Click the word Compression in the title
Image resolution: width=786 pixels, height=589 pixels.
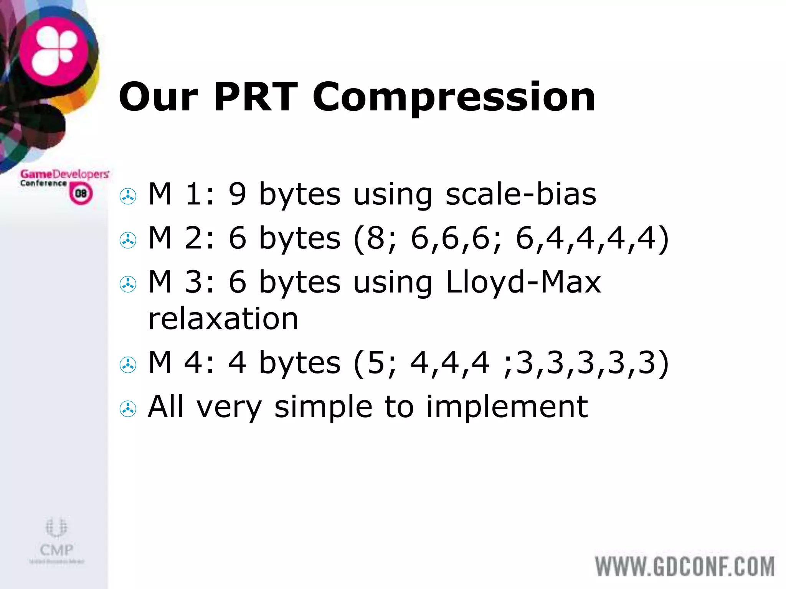point(454,98)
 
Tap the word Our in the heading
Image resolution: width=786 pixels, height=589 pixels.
point(159,97)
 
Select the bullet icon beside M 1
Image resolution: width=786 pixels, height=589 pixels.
point(128,197)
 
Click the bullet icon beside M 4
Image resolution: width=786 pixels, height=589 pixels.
point(128,365)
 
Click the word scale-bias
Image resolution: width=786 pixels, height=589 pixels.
point(521,194)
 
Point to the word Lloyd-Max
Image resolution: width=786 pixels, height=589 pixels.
point(523,282)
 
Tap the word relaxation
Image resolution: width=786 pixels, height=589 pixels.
point(223,319)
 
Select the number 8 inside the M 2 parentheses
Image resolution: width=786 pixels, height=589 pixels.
point(376,238)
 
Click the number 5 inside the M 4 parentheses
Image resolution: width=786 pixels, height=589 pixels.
point(376,362)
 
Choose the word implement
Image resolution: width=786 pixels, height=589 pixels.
point(507,407)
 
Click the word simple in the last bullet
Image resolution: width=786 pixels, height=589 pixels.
point(323,407)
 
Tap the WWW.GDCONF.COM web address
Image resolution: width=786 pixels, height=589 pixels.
point(685,567)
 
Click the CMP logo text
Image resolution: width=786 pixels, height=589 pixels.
point(56,550)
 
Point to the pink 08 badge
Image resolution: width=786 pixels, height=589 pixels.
point(81,193)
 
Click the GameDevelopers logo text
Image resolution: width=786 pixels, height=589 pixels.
point(64,174)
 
